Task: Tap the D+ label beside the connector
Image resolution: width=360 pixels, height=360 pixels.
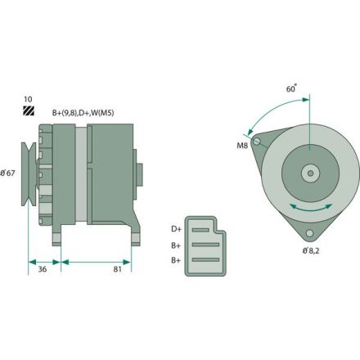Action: coord(176,229)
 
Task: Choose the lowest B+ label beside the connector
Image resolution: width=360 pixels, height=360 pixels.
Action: coord(176,259)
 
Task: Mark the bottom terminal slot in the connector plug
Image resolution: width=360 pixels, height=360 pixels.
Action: coord(205,259)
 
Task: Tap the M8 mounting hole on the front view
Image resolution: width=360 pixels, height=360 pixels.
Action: coord(259,143)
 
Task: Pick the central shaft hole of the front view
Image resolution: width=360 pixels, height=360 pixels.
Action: coord(311,173)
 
